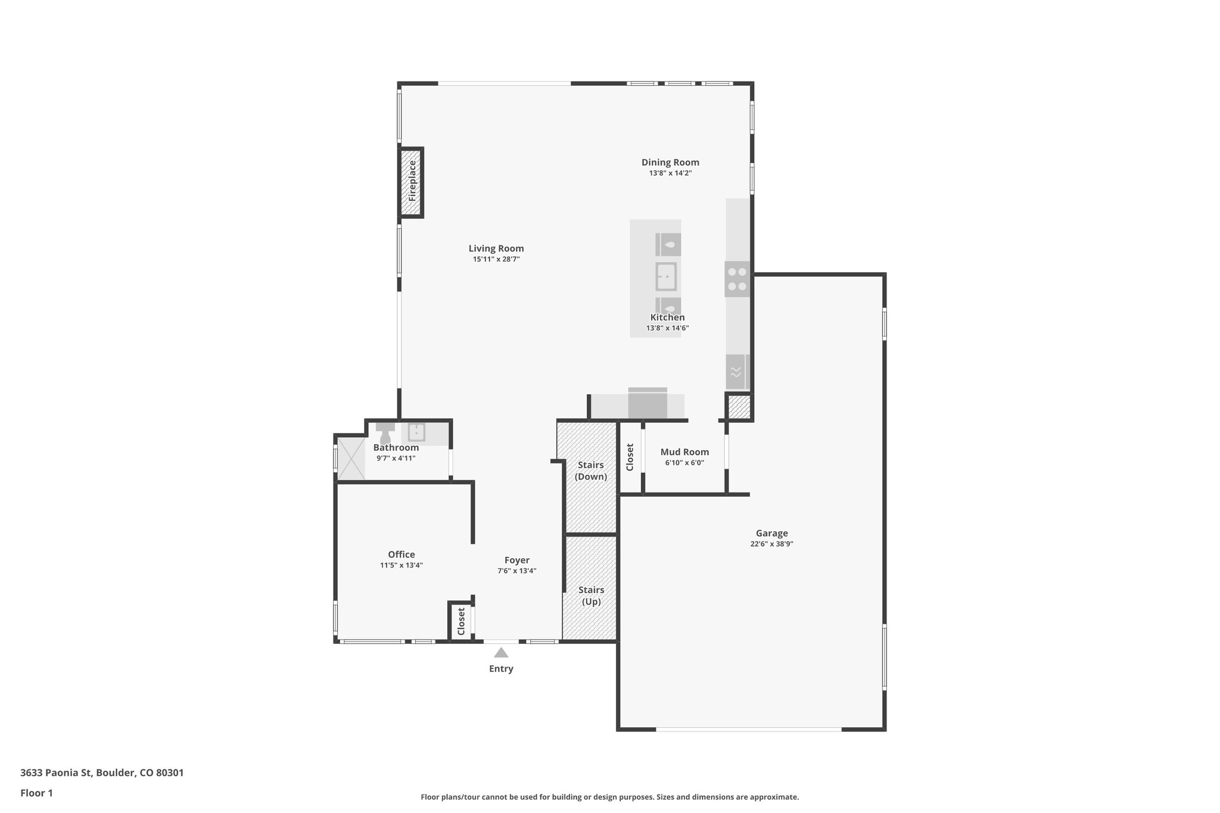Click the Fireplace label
point(412,180)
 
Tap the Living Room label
point(496,249)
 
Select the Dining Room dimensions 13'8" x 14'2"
point(670,173)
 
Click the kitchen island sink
point(666,277)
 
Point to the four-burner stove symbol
point(737,279)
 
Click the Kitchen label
point(667,317)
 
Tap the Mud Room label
point(684,452)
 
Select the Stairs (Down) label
point(591,471)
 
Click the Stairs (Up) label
point(591,596)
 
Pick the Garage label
point(772,534)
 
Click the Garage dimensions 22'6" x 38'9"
point(772,544)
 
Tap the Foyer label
point(517,560)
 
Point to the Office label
point(402,555)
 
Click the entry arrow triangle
point(501,653)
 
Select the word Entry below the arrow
point(501,669)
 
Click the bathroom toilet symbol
point(385,432)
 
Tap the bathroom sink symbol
point(416,432)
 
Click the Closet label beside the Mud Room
point(630,457)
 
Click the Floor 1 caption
point(36,793)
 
